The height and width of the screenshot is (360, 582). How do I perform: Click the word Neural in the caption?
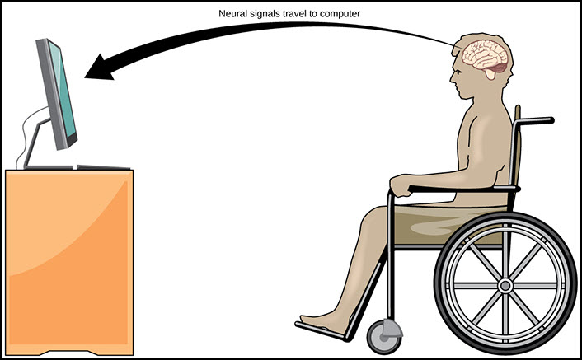point(233,14)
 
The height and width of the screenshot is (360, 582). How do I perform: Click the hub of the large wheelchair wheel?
point(505,286)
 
